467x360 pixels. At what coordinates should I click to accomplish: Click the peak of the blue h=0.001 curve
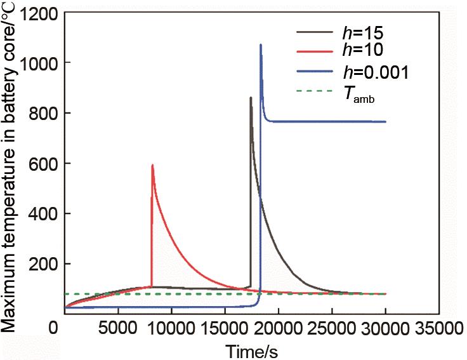coord(261,45)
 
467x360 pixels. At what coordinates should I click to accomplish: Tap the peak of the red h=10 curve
coord(152,165)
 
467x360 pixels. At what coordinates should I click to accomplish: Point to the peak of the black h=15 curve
coord(251,98)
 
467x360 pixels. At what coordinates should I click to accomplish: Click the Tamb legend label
coord(362,93)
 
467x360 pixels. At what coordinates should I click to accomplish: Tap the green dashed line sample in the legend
coord(315,91)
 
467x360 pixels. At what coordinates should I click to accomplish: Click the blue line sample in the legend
coord(315,71)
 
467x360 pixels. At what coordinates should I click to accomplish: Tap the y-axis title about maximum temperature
coord(10,171)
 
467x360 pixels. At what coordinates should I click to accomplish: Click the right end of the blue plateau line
coord(385,122)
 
